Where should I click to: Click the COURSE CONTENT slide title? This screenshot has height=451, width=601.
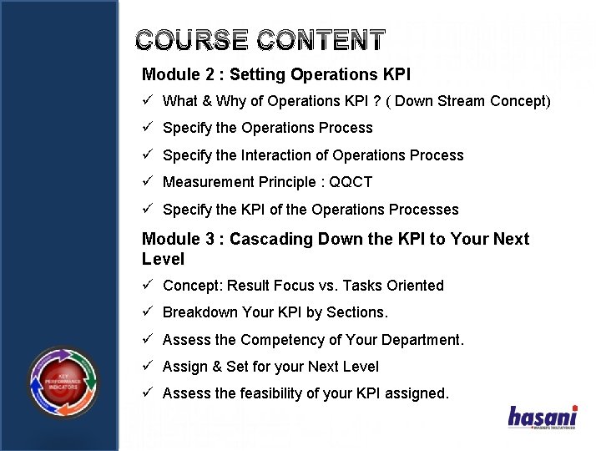[260, 40]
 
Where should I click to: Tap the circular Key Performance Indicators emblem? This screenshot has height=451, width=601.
[63, 383]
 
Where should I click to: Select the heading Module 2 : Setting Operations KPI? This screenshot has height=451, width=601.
[276, 74]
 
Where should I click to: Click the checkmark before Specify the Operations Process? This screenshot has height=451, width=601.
[147, 128]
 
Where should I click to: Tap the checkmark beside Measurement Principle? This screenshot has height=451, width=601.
[147, 182]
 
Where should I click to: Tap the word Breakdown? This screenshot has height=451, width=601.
[199, 312]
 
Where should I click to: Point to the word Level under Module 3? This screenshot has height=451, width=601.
[163, 260]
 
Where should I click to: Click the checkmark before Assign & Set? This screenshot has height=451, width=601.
[147, 367]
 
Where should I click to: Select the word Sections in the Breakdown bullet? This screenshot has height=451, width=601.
[357, 312]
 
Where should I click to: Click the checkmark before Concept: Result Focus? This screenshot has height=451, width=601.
[147, 286]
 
